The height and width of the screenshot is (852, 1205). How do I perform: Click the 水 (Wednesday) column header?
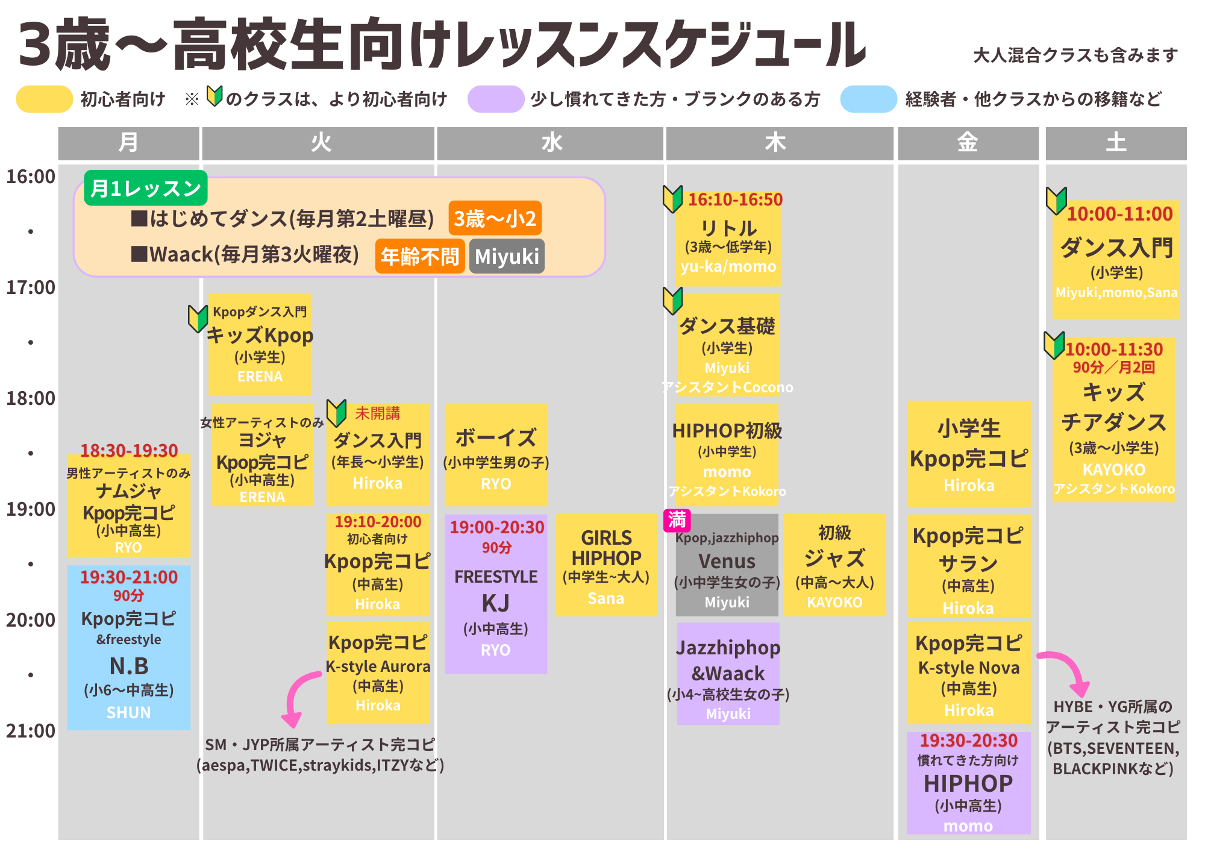[550, 143]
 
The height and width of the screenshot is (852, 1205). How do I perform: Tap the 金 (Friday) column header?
[968, 143]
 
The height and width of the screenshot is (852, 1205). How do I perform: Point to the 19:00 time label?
[31, 509]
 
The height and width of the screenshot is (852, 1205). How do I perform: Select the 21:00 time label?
[31, 731]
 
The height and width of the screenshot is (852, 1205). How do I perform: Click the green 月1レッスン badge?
[146, 188]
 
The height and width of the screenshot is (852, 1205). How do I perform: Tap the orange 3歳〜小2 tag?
[495, 218]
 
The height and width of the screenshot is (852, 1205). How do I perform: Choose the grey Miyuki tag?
[507, 256]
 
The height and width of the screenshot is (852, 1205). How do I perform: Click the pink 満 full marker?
[677, 520]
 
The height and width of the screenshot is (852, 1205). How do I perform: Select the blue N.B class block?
[129, 648]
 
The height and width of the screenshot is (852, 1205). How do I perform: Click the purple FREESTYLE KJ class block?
[496, 594]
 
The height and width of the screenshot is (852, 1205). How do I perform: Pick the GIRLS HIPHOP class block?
[606, 565]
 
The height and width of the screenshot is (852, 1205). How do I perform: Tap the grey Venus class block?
[727, 565]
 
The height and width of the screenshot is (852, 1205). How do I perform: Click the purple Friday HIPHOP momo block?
[969, 783]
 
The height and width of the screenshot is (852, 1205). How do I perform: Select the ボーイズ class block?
[496, 455]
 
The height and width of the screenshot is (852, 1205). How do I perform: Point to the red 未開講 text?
[378, 413]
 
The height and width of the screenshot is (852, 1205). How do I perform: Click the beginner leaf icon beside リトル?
[672, 199]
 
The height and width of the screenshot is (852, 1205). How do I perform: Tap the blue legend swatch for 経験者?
[869, 99]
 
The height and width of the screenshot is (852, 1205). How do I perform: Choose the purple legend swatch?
[496, 99]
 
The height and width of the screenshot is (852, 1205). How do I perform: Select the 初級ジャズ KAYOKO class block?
[835, 565]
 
